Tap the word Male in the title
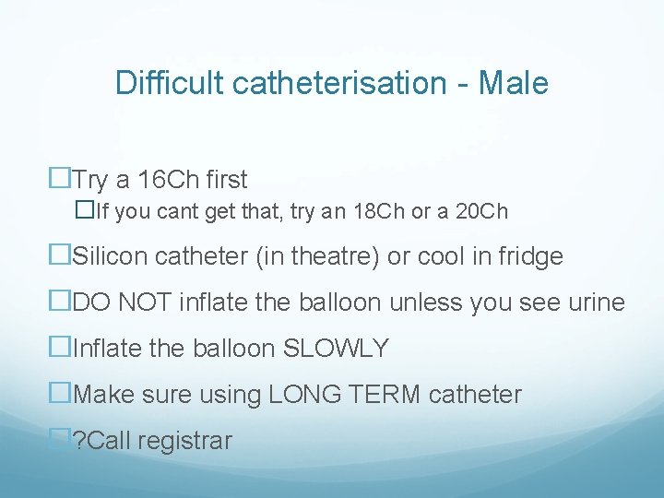pyautogui.click(x=515, y=83)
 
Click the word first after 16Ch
pyautogui.click(x=222, y=179)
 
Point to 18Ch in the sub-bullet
pyautogui.click(x=383, y=212)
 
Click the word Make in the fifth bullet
pyautogui.click(x=102, y=395)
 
